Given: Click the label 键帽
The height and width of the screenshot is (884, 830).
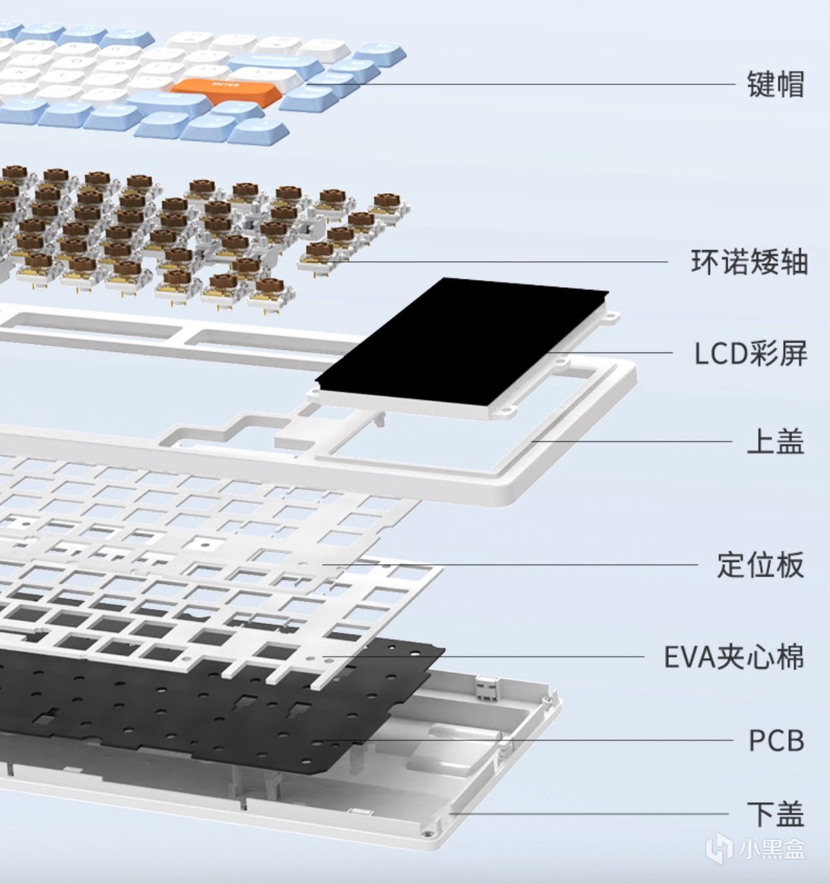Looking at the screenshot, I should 775,84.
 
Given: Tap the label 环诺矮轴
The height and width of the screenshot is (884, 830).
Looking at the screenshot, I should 749,262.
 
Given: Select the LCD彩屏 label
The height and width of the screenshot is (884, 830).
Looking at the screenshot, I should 750,353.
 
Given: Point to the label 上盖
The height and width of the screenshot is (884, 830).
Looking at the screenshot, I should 775,441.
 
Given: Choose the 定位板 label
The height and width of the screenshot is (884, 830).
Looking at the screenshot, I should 760,565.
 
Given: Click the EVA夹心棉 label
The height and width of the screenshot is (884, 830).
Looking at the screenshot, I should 733,657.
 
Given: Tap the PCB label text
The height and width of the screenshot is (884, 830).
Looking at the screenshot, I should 776,740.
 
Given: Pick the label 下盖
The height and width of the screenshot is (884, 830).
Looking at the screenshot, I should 775,814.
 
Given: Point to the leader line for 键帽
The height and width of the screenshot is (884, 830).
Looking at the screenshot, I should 522,84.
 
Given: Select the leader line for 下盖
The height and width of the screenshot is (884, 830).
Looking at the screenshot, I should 587,813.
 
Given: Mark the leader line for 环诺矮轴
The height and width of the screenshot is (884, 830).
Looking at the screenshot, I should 496,262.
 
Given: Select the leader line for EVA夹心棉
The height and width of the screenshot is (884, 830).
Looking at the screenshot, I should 489,657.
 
